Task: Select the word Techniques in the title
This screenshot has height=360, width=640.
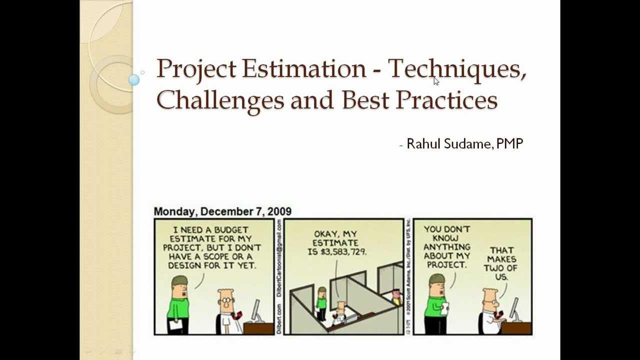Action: click(456, 68)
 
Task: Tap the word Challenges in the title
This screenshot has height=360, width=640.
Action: click(220, 99)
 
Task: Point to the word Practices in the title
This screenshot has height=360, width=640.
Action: click(446, 99)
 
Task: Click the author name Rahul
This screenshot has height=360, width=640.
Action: click(423, 144)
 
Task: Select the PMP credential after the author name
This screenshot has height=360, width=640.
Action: click(509, 144)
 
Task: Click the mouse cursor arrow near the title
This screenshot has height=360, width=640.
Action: click(436, 81)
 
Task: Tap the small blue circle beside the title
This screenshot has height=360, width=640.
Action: click(133, 79)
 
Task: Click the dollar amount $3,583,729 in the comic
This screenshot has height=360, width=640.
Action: click(337, 252)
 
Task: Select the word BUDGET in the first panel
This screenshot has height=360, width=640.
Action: click(231, 230)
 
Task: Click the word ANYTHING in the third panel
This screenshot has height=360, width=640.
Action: click(446, 247)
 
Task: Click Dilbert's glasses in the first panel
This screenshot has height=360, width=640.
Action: click(227, 301)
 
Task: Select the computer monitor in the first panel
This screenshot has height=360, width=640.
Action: click(256, 311)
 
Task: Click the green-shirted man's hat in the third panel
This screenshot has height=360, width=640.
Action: click(436, 278)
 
